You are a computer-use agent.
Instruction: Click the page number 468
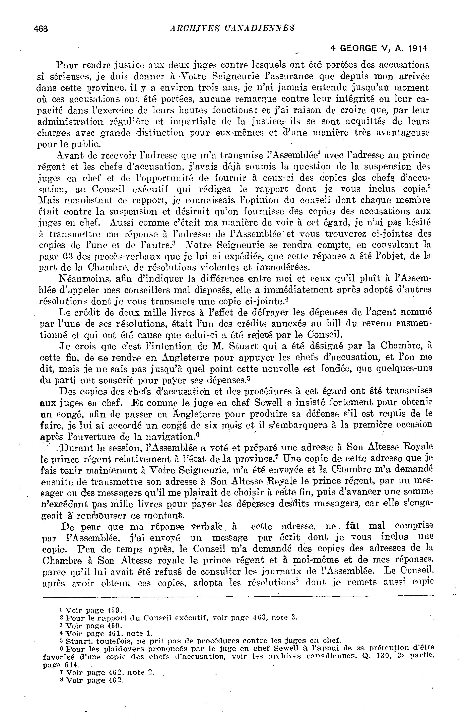click(x=41, y=29)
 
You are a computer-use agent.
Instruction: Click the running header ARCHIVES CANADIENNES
click(x=232, y=28)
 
